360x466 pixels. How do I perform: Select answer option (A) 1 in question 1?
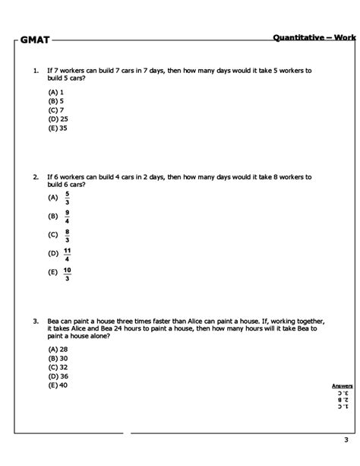pyautogui.click(x=55, y=92)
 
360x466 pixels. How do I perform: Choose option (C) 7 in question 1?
pyautogui.click(x=55, y=109)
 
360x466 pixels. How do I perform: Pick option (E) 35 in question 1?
pyautogui.click(x=58, y=127)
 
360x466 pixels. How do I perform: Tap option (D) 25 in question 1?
pyautogui.click(x=58, y=119)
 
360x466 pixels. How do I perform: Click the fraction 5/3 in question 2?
pyautogui.click(x=67, y=198)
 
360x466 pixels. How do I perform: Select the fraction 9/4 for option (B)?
pyautogui.click(x=67, y=216)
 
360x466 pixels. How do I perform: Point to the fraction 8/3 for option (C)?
pyautogui.click(x=67, y=234)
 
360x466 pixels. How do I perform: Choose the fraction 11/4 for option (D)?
pyautogui.click(x=68, y=253)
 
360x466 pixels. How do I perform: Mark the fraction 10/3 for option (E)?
pyautogui.click(x=68, y=272)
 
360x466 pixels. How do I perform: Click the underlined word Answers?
pyautogui.click(x=342, y=385)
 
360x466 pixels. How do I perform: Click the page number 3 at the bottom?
pyautogui.click(x=344, y=440)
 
